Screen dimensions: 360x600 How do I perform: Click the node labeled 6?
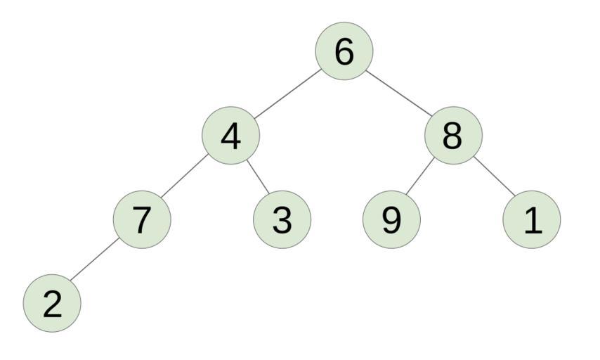point(344,51)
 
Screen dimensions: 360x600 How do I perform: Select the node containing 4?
point(231,136)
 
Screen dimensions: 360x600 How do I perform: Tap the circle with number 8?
point(453,136)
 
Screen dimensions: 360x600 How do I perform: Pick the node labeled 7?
point(142,219)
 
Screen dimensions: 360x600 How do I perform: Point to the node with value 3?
point(282,219)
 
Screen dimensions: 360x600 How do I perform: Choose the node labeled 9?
point(391,219)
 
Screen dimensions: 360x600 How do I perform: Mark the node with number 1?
point(532,219)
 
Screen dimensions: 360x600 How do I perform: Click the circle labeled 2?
point(52,304)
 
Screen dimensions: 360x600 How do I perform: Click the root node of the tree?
point(344,51)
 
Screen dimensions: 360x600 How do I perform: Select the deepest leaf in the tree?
point(52,304)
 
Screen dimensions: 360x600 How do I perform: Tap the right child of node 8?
point(532,219)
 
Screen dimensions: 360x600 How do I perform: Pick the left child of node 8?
point(391,219)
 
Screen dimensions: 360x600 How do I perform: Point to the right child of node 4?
point(282,219)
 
